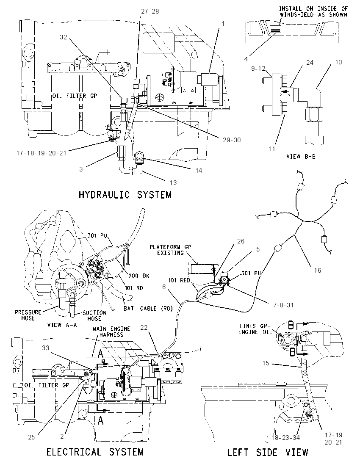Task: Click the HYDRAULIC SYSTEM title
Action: click(125, 195)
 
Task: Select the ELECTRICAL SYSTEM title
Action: click(95, 452)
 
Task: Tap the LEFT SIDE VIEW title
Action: click(268, 452)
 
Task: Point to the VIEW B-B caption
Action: click(301, 156)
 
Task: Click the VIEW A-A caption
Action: click(62, 325)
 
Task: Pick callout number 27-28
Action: click(150, 11)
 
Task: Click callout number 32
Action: click(64, 37)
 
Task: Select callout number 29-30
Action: click(232, 140)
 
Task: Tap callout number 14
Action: click(199, 170)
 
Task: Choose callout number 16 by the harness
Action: click(317, 270)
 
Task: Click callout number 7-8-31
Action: click(283, 305)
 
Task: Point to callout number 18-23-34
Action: click(285, 437)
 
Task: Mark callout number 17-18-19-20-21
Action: click(41, 153)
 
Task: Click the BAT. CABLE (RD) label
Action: click(148, 309)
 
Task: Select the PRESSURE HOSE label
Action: click(28, 315)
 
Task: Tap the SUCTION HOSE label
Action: click(94, 315)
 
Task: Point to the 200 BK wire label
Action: click(139, 276)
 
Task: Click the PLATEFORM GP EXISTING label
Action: click(171, 250)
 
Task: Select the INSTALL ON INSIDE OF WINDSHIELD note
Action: click(313, 11)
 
